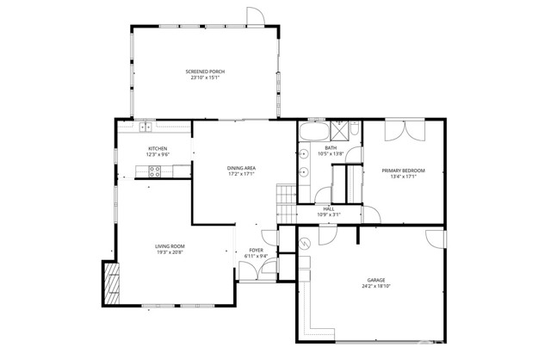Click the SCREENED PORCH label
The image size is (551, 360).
coord(206,71)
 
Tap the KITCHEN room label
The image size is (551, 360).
coord(158,148)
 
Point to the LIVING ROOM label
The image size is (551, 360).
coord(170,246)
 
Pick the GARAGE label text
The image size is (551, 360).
coord(376,280)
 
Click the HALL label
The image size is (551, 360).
coord(328,208)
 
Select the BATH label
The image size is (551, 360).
coord(330,147)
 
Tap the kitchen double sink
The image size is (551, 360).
coord(145,128)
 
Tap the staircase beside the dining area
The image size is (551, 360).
coord(285,202)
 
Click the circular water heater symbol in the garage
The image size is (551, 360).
coord(306,245)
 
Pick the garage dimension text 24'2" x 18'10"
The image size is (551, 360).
coord(376,286)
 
